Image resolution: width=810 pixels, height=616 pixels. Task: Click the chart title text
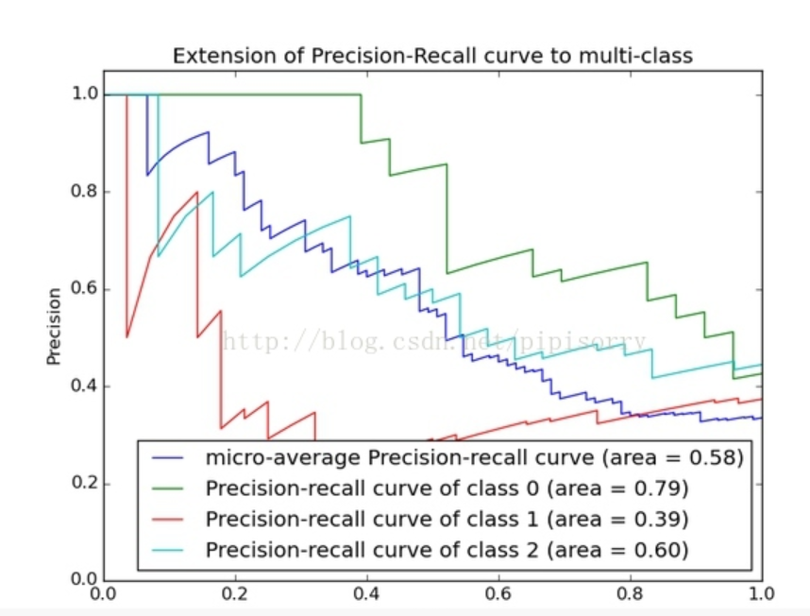click(x=432, y=56)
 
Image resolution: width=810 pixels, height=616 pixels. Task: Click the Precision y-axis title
click(x=54, y=326)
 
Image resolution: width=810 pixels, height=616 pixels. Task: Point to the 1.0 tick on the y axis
click(x=85, y=94)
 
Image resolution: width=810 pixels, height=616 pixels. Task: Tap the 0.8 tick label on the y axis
click(x=85, y=192)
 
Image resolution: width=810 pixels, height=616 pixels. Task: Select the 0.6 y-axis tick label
click(x=85, y=289)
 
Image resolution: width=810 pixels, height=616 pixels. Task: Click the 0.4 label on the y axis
click(x=85, y=386)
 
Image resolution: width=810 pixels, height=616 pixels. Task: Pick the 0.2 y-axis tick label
click(x=85, y=484)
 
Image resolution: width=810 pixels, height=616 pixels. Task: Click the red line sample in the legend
click(x=172, y=519)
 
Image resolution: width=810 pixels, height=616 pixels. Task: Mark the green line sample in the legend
click(x=172, y=488)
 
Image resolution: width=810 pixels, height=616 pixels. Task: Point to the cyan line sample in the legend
click(x=172, y=549)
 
